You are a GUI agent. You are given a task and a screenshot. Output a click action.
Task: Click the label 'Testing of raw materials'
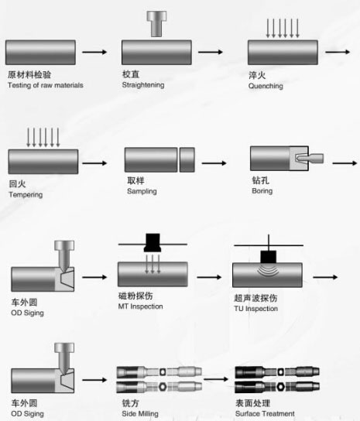click(x=45, y=85)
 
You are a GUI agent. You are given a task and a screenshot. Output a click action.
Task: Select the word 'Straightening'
click(x=143, y=85)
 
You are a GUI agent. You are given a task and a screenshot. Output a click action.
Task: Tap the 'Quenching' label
click(x=266, y=86)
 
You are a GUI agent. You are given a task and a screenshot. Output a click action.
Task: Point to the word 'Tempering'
click(x=26, y=195)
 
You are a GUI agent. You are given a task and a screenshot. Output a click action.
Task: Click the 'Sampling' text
click(x=141, y=190)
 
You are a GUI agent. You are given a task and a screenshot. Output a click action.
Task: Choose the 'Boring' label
click(x=262, y=191)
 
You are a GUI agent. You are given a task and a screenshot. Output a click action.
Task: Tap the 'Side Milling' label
click(x=139, y=415)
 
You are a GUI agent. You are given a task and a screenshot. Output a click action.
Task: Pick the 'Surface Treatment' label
click(x=265, y=414)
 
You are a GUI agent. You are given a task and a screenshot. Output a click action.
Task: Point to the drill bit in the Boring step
click(x=304, y=157)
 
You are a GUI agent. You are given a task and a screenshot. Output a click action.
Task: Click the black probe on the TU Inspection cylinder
click(x=269, y=255)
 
